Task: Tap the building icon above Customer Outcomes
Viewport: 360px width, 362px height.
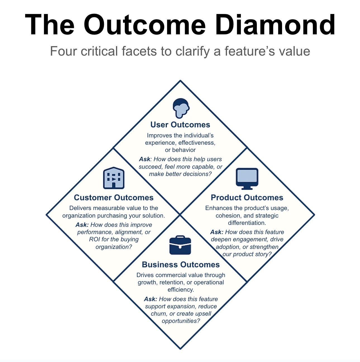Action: click(114, 178)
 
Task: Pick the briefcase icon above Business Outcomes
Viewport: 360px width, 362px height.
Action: click(180, 245)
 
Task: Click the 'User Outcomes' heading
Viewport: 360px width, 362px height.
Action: click(180, 125)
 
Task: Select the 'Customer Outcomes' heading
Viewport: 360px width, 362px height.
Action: click(114, 197)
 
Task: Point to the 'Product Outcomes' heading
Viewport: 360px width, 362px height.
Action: click(247, 197)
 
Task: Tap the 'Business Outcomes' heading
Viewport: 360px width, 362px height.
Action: click(181, 265)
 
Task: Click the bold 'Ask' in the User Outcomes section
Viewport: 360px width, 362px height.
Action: click(145, 159)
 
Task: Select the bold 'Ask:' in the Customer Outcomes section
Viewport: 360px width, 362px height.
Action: click(82, 225)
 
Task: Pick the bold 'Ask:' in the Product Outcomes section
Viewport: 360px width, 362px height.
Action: click(217, 232)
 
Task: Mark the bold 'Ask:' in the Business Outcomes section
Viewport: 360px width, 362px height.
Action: click(150, 299)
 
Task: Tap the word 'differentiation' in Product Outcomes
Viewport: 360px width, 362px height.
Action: click(247, 223)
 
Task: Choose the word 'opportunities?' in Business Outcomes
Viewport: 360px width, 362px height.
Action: click(181, 321)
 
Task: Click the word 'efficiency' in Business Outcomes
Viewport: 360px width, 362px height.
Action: click(180, 290)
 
